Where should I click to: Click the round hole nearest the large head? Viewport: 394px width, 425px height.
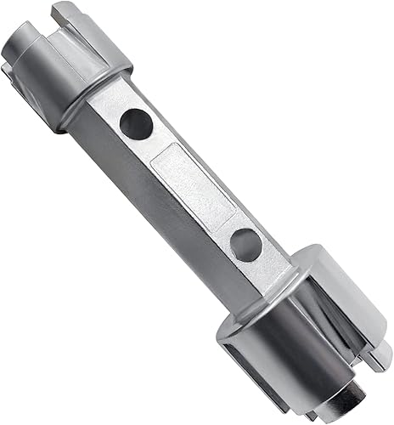pyautogui.click(x=246, y=245)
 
